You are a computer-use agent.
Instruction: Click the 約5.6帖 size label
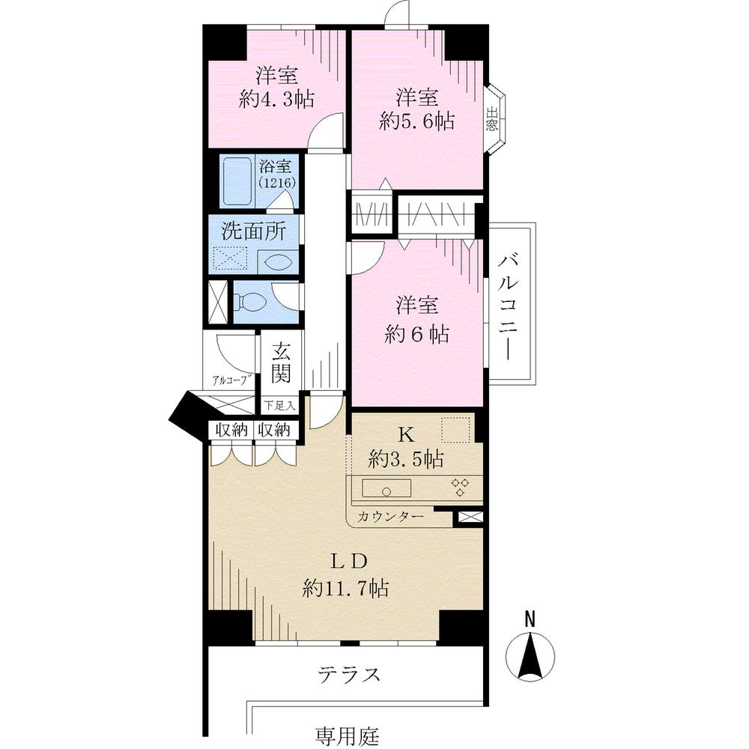click(416, 121)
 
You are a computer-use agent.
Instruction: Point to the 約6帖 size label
click(416, 335)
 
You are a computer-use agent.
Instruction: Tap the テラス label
click(348, 673)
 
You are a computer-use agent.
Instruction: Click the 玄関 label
click(280, 361)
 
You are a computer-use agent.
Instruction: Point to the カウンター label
click(389, 516)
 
